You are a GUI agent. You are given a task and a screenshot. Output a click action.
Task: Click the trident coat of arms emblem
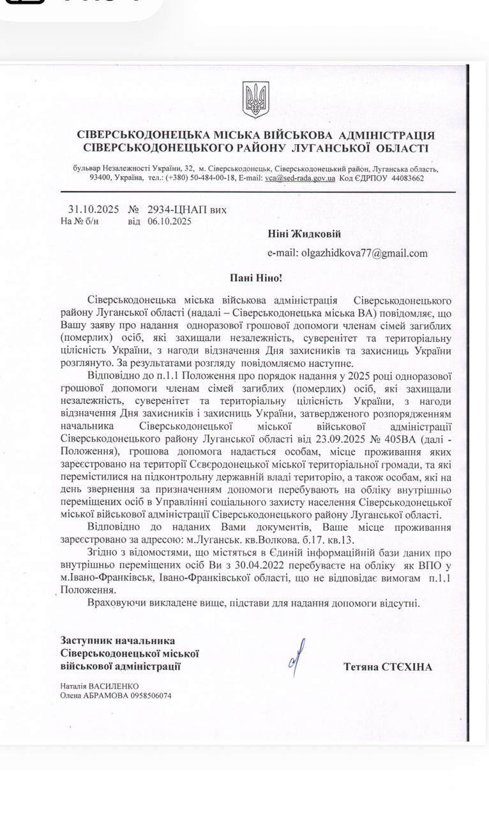[x=255, y=100]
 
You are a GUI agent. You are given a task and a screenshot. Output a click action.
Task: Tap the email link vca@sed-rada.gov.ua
[x=300, y=178]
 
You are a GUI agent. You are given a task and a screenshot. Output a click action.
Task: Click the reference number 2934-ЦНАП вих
[x=186, y=209]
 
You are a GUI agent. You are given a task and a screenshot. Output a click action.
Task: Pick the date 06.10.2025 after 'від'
[x=169, y=221]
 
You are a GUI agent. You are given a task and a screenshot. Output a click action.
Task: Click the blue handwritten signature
[x=296, y=657]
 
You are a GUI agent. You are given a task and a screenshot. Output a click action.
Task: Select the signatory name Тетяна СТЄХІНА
[x=387, y=667]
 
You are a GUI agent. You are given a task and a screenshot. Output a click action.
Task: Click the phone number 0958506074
[x=148, y=696]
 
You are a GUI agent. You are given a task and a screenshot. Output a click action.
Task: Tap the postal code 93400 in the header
[x=102, y=178]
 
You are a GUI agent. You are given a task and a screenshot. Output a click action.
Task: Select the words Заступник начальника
[x=117, y=640]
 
